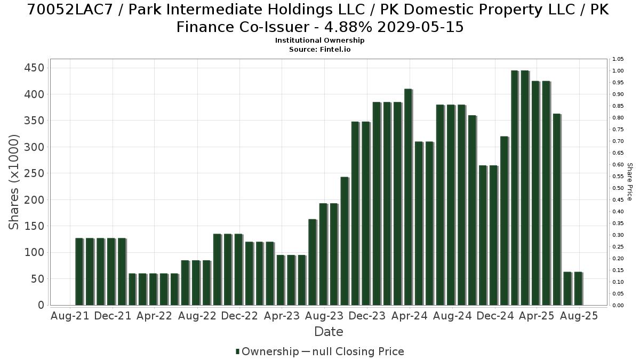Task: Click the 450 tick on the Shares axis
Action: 34,68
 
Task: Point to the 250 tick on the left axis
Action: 34,173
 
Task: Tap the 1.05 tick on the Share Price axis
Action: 618,59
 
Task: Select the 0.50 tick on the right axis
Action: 618,188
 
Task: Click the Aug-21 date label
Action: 70,316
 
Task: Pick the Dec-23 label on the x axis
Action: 367,316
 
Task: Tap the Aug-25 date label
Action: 579,316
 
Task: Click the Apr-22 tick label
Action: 155,316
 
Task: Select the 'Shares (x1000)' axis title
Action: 14,182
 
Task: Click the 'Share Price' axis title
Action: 630,182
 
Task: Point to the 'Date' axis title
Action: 329,332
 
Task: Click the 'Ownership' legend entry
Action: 267,351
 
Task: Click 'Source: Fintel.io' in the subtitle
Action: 319,50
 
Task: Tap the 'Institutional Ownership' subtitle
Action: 319,41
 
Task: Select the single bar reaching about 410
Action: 409,197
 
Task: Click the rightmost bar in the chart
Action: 578,289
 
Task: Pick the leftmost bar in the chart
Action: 79,271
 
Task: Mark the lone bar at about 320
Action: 505,221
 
